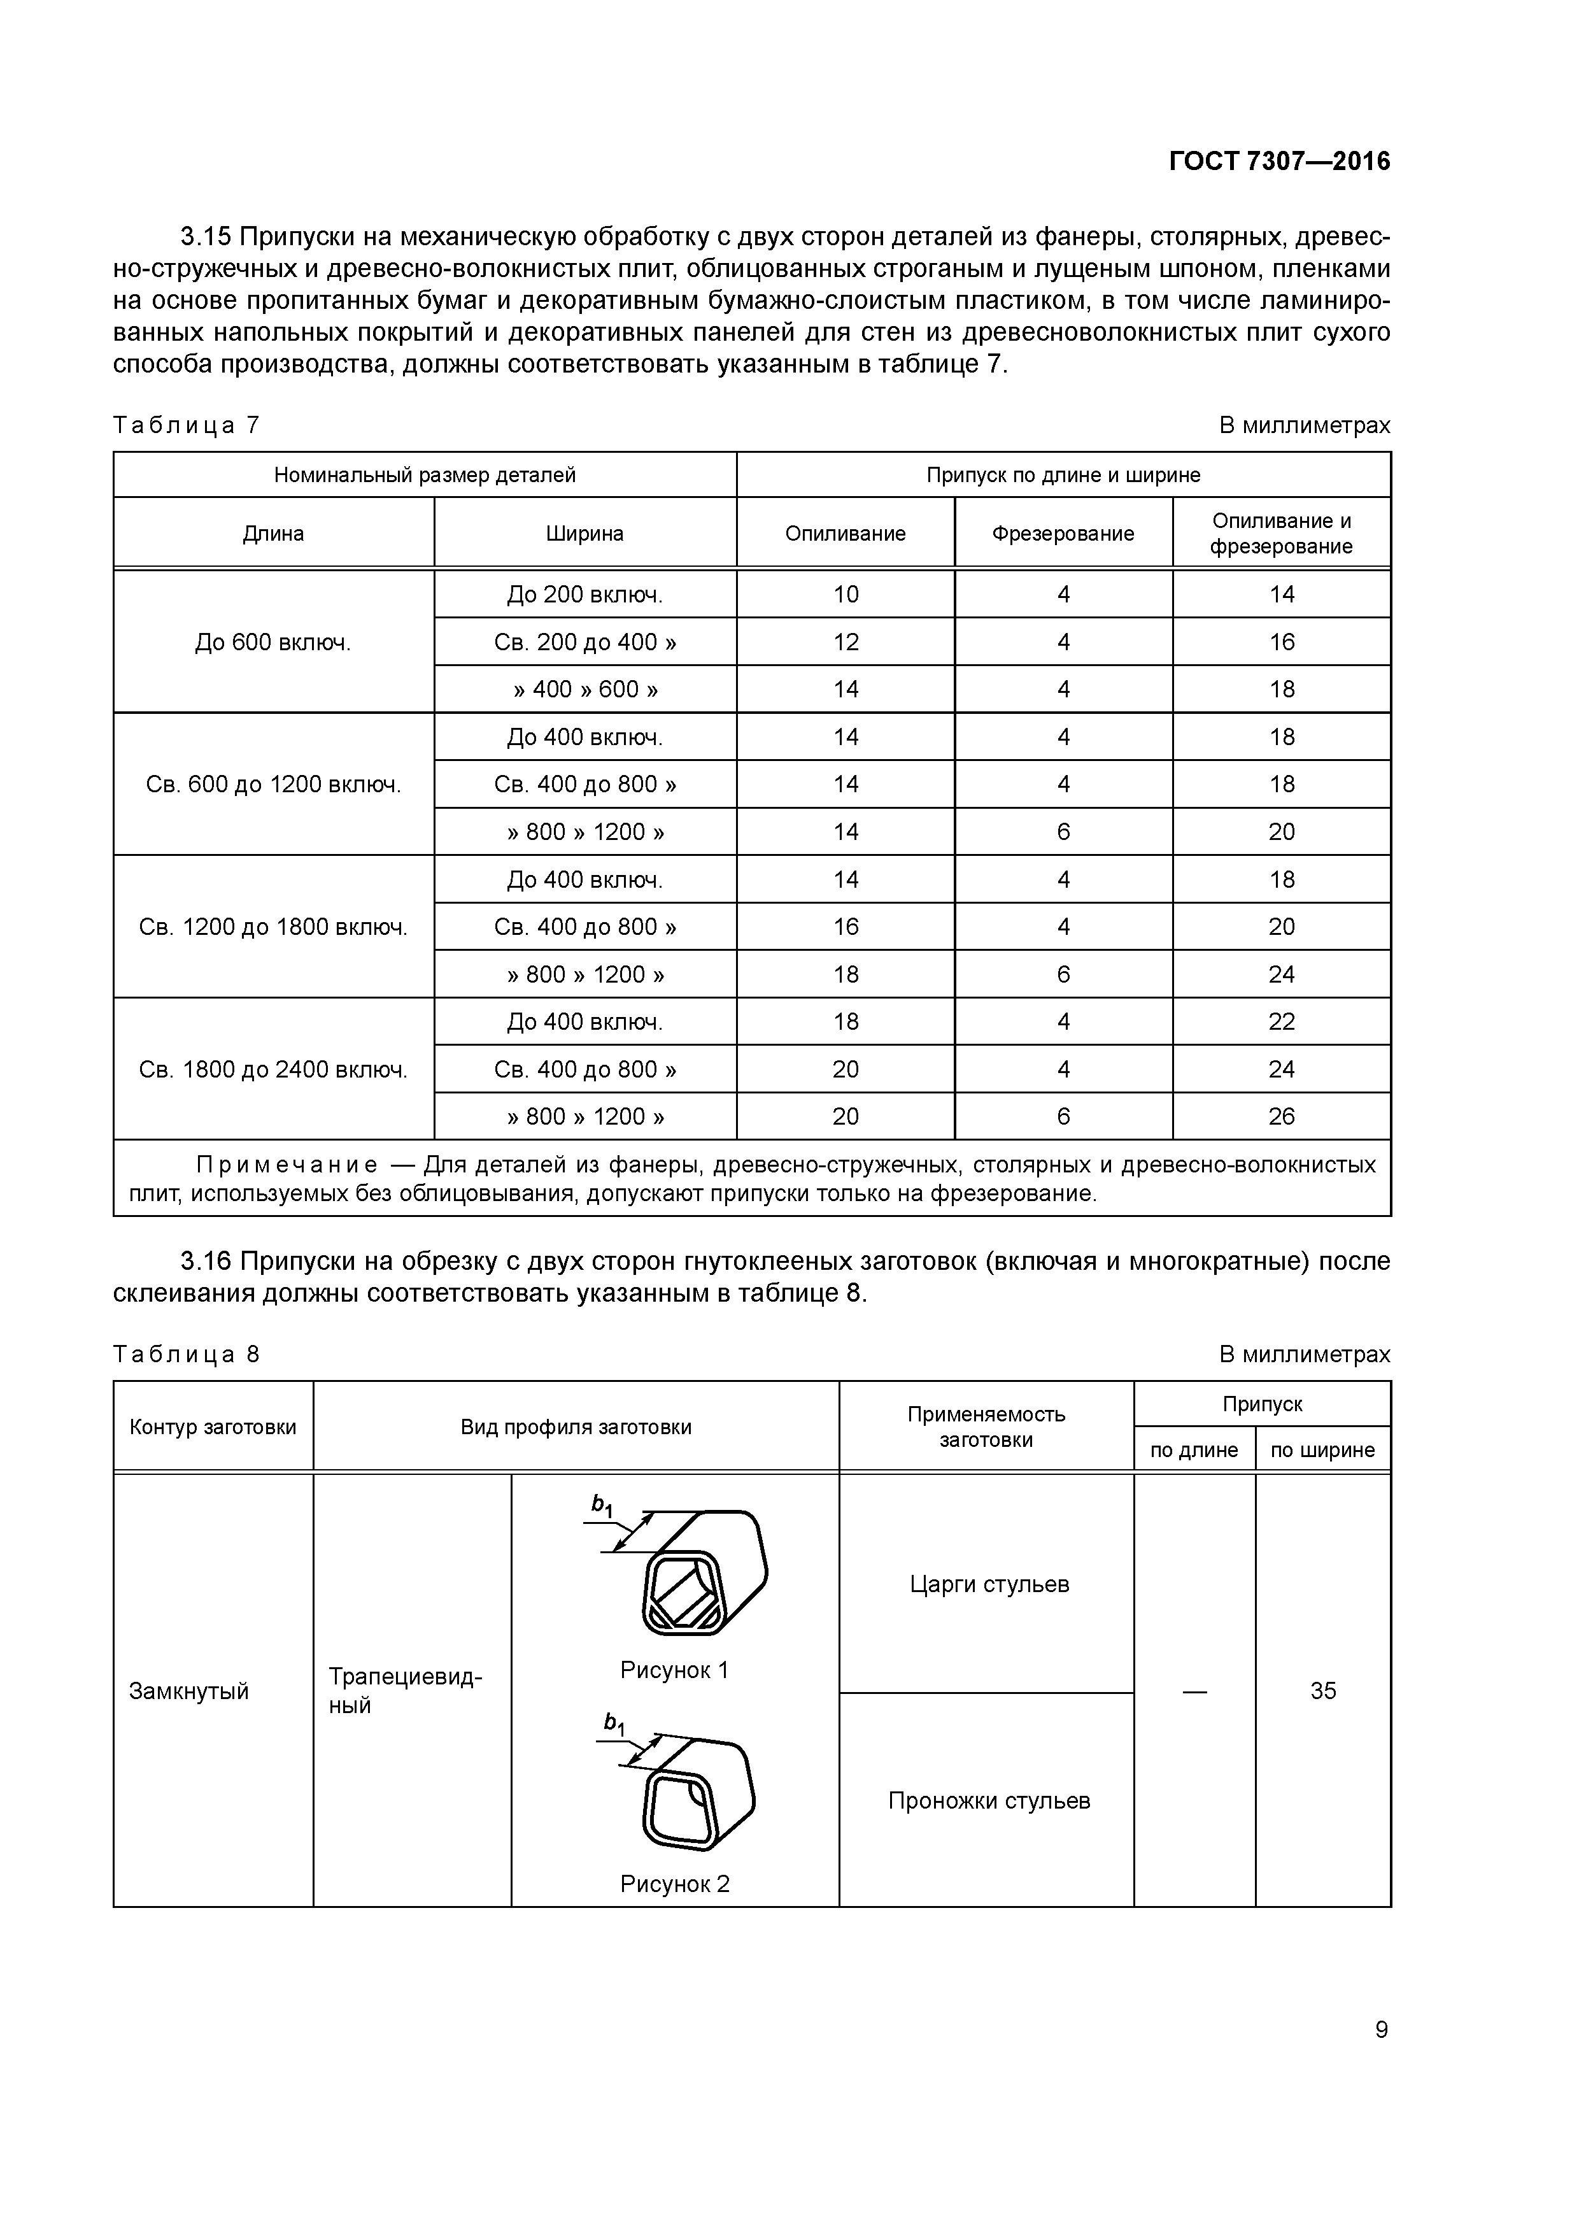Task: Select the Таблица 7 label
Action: pyautogui.click(x=187, y=425)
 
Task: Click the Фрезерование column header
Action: pyautogui.click(x=1063, y=533)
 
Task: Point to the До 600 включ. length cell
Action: pyautogui.click(x=273, y=642)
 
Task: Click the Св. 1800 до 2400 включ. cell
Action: pyautogui.click(x=273, y=1069)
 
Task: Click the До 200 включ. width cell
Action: pyautogui.click(x=584, y=595)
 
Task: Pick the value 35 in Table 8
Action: pyautogui.click(x=1322, y=1691)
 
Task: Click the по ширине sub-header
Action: pyautogui.click(x=1322, y=1450)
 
